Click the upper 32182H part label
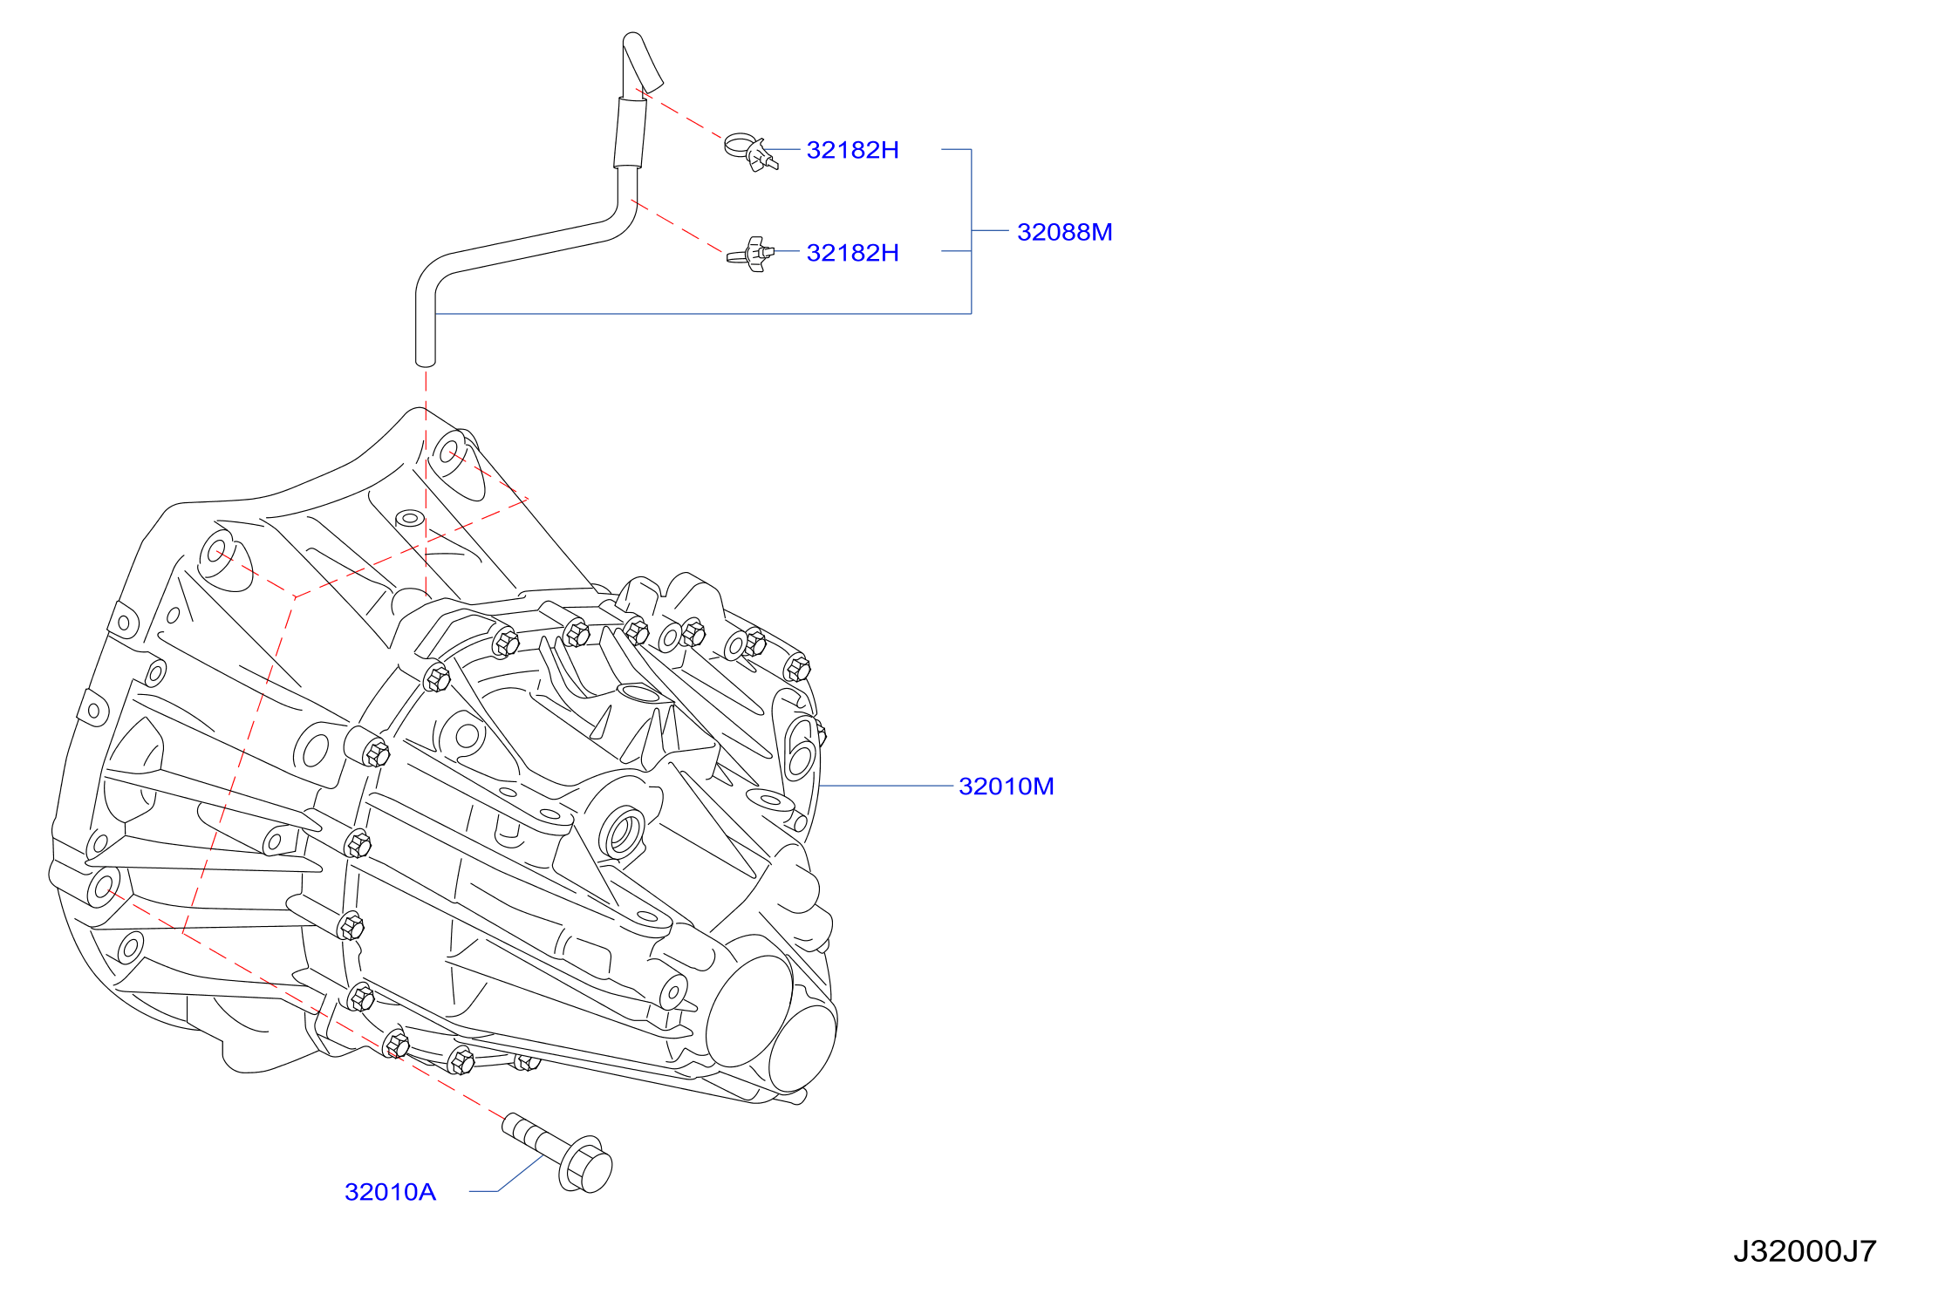point(852,150)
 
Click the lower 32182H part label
point(852,253)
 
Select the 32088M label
point(1064,232)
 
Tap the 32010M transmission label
point(1006,787)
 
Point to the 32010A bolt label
point(390,1192)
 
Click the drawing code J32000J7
point(1805,1251)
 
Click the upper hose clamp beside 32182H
point(751,153)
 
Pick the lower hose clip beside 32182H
point(750,255)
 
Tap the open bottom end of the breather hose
point(425,360)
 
